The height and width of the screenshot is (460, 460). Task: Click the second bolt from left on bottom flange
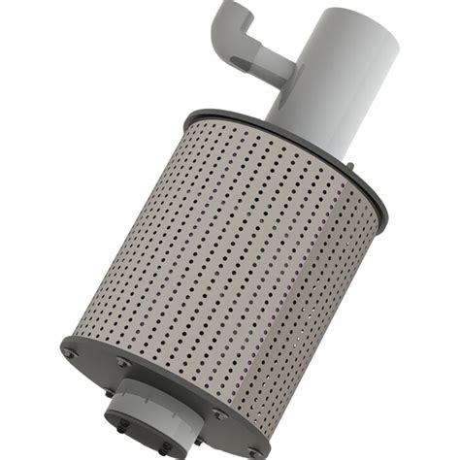click(122, 362)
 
